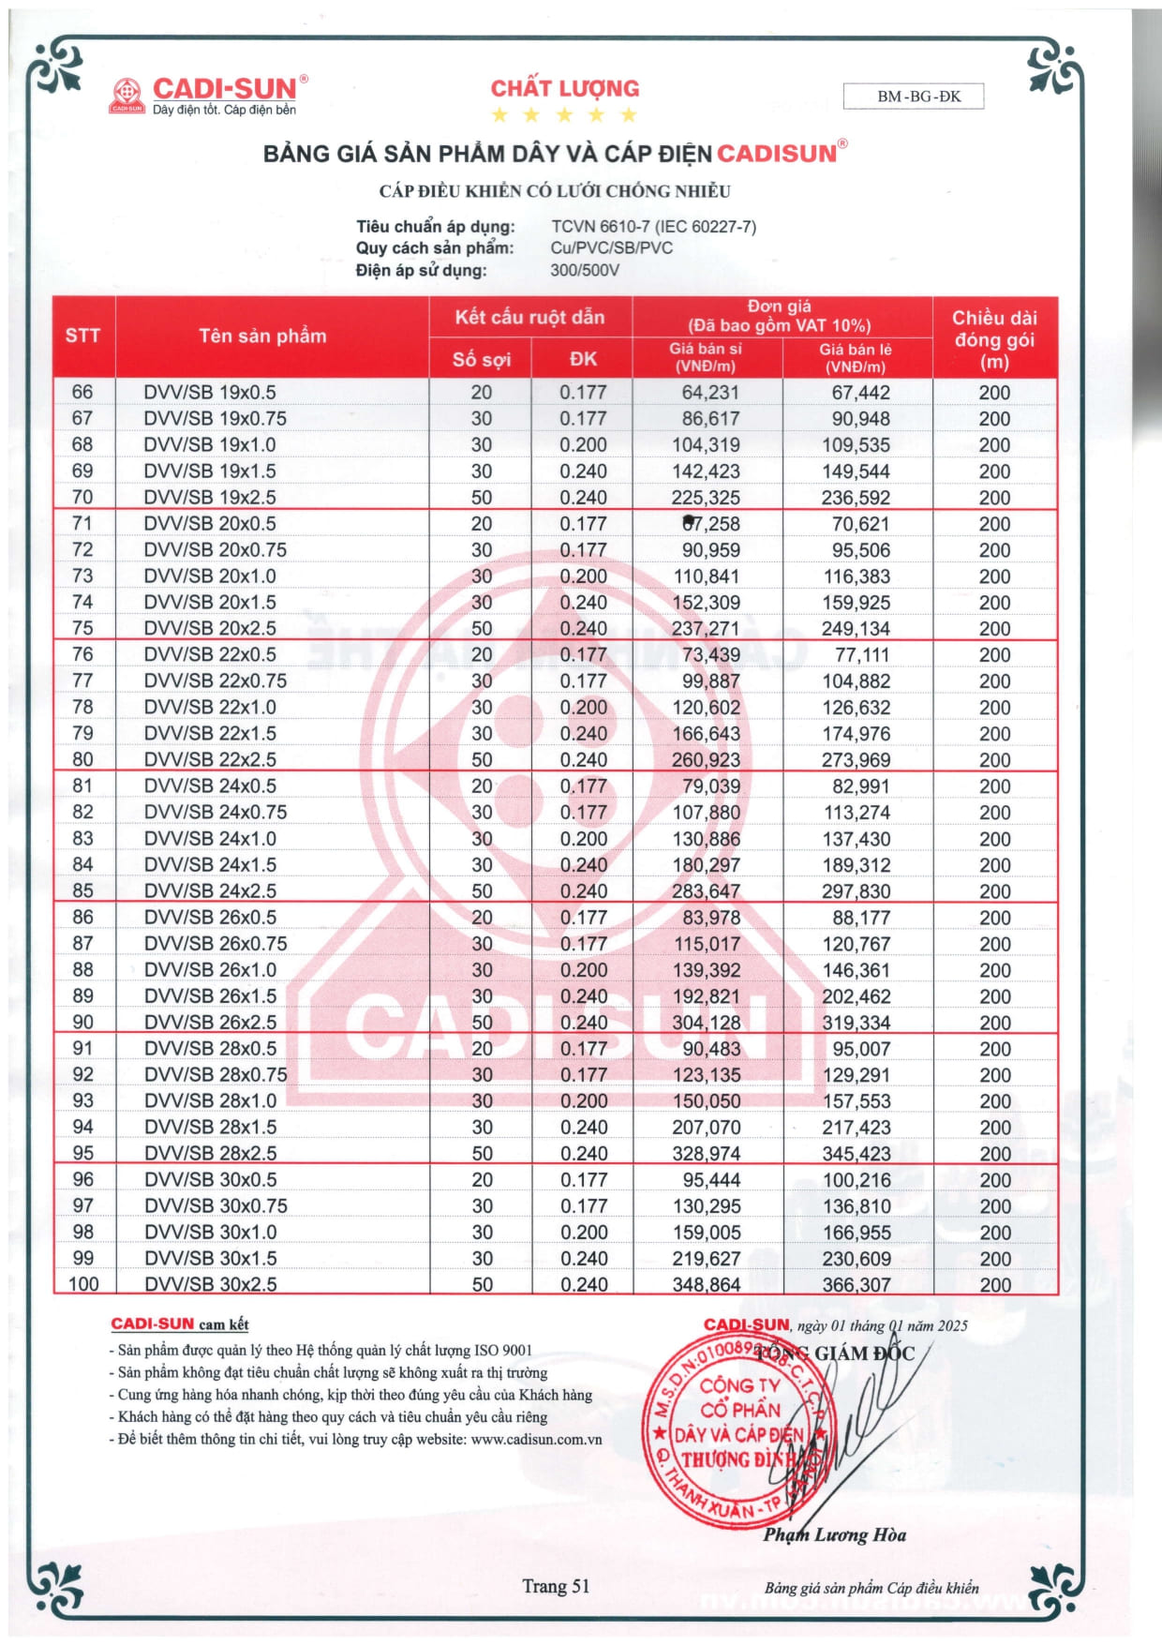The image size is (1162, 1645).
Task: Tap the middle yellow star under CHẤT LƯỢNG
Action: click(x=564, y=115)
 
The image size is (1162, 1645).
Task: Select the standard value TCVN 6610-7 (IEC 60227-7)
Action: click(x=653, y=227)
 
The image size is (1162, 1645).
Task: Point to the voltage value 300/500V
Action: click(x=585, y=271)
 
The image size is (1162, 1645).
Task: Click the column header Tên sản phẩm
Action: click(x=262, y=336)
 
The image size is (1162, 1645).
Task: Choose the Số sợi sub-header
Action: click(x=481, y=359)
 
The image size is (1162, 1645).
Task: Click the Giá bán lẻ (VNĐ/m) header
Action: click(x=856, y=357)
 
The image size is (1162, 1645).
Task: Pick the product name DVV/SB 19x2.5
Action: click(x=210, y=497)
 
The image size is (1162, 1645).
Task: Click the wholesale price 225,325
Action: click(x=706, y=497)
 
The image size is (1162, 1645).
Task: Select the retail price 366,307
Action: click(x=856, y=1284)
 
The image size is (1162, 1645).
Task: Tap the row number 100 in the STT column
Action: click(x=83, y=1284)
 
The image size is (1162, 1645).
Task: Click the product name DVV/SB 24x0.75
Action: click(x=216, y=812)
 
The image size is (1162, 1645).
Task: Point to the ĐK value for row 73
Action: click(x=583, y=576)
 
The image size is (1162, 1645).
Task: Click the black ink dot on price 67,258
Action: click(x=690, y=521)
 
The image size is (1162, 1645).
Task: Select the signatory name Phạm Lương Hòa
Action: click(x=834, y=1534)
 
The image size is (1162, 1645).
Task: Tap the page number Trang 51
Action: click(x=556, y=1586)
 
